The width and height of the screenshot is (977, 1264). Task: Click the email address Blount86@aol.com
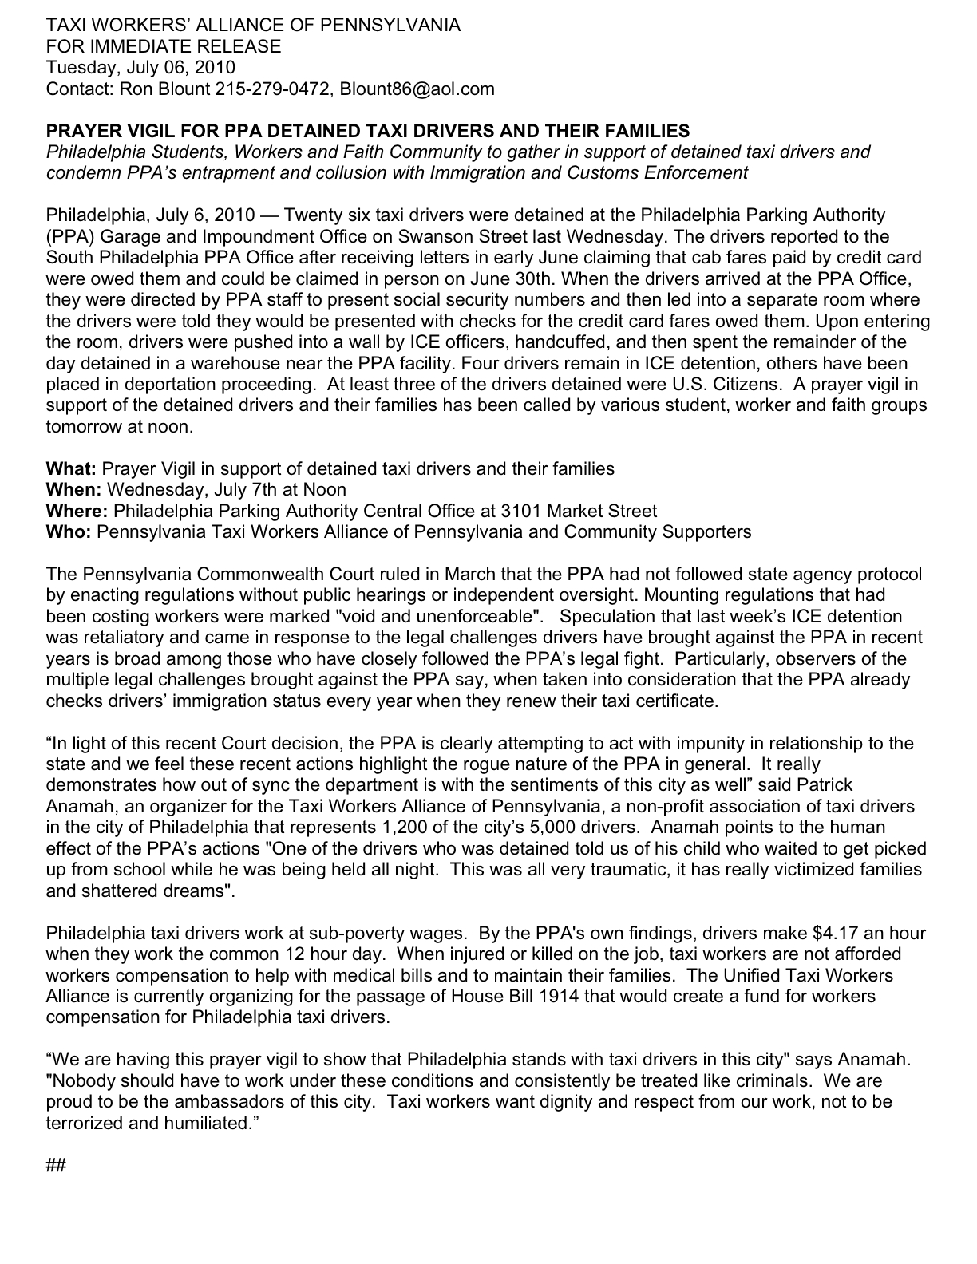pos(417,89)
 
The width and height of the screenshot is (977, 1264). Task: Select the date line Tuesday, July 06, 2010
pos(140,68)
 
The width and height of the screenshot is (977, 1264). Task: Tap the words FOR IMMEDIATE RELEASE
pos(164,46)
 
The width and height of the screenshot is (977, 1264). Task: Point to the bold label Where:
pos(77,511)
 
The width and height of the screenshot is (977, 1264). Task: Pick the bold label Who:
pos(69,531)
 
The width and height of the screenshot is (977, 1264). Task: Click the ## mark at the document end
pos(55,1165)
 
